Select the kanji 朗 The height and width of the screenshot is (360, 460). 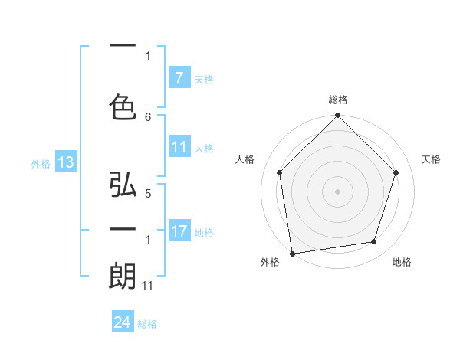tap(123, 276)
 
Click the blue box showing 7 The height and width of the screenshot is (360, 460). tap(179, 78)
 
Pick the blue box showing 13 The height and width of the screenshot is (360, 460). tap(65, 162)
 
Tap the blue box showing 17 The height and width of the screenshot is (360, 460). tap(179, 231)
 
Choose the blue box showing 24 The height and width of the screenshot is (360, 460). tap(123, 323)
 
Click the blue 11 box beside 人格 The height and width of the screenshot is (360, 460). tap(179, 147)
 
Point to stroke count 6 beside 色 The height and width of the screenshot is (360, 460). tap(148, 116)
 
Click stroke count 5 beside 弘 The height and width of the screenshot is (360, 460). tap(148, 195)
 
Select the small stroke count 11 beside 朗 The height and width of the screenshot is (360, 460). tap(148, 286)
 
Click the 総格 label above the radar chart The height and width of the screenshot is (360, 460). tap(337, 100)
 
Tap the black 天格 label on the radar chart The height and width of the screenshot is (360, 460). tap(432, 159)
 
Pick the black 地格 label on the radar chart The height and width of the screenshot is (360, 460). tap(402, 263)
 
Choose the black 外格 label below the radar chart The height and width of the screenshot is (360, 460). tap(270, 263)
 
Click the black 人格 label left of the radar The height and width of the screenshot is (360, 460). tap(245, 159)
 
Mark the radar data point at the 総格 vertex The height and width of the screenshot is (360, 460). tap(337, 116)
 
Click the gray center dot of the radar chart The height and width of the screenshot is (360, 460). tap(337, 191)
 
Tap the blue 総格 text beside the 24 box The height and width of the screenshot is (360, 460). tap(147, 324)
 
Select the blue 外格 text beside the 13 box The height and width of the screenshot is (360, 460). tap(41, 163)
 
